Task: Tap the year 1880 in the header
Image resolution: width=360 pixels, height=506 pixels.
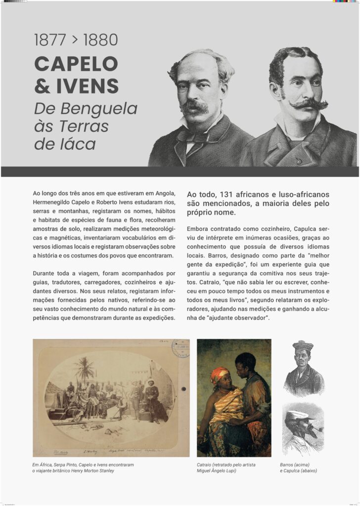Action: (101, 40)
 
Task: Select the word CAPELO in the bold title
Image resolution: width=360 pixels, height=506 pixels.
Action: (76, 64)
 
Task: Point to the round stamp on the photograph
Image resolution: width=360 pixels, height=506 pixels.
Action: (180, 348)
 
